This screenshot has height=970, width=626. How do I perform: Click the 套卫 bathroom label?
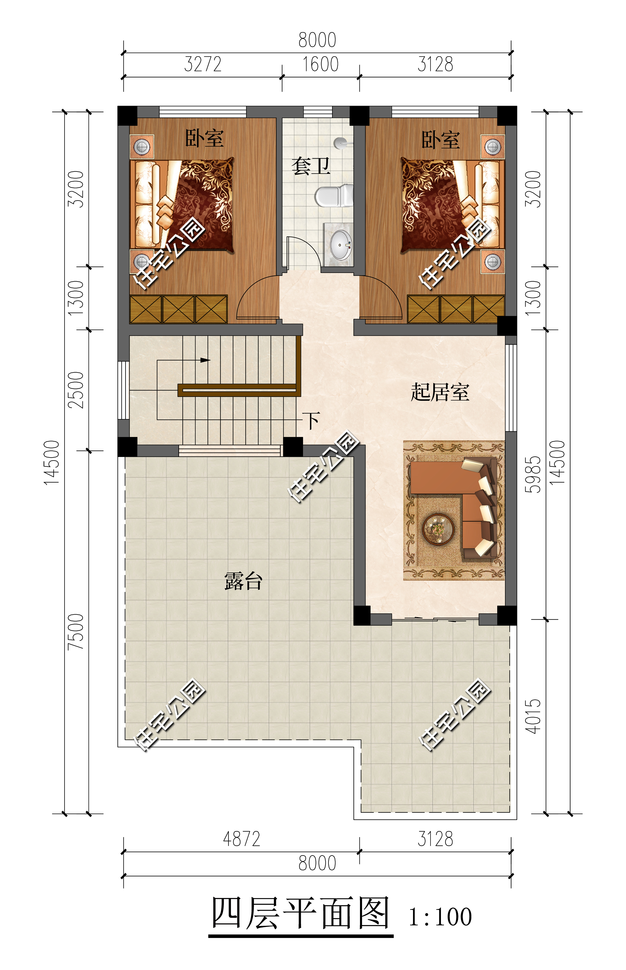pyautogui.click(x=311, y=166)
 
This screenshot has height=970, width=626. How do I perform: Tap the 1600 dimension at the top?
pyautogui.click(x=320, y=64)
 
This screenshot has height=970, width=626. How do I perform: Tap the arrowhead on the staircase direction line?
pyautogui.click(x=205, y=360)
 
